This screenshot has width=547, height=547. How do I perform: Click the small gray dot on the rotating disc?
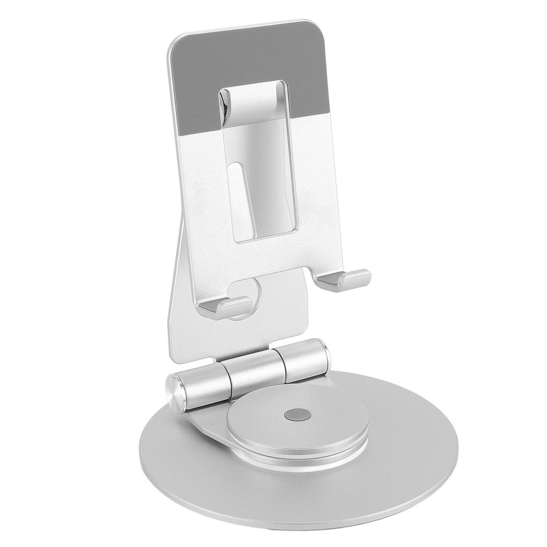pyautogui.click(x=298, y=414)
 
